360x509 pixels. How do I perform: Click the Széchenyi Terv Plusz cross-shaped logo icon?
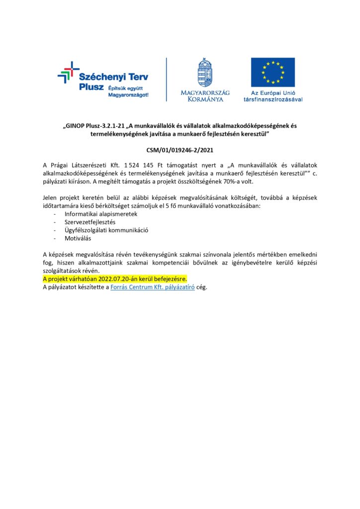(x=68, y=73)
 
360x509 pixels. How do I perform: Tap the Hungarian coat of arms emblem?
(x=205, y=73)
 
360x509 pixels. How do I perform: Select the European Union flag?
(x=272, y=72)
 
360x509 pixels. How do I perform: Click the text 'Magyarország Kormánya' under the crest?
(x=205, y=95)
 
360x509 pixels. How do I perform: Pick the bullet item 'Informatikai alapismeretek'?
(x=101, y=214)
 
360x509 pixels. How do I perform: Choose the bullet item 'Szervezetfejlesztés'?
(x=90, y=222)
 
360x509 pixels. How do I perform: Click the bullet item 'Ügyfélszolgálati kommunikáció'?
(x=106, y=230)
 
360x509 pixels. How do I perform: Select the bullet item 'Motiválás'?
(x=78, y=239)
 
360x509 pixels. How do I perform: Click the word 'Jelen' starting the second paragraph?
(x=50, y=198)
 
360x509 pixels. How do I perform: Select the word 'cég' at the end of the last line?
(x=201, y=287)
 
